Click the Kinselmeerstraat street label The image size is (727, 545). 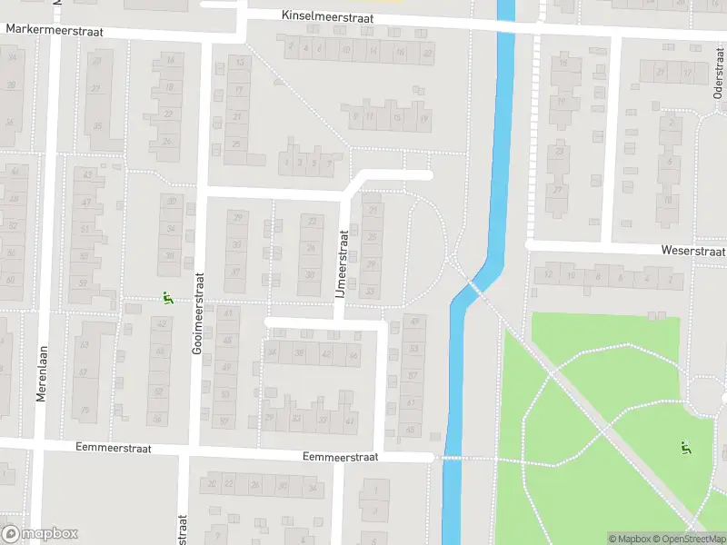pos(327,17)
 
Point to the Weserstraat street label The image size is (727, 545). pos(692,251)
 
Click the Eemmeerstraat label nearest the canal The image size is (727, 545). pos(340,457)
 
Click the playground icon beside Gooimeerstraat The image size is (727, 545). pos(166,297)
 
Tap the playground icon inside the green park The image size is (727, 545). pos(684,447)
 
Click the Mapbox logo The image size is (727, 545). pos(40,534)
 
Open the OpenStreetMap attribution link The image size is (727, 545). pos(689,539)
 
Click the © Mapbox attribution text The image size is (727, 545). pos(629,539)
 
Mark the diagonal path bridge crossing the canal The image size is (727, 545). pos(473,288)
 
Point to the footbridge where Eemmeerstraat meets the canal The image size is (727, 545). pos(452,458)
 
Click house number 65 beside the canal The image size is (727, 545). pos(410,429)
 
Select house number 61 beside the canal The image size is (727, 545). pos(411,402)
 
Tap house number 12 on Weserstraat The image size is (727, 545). pos(548,274)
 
